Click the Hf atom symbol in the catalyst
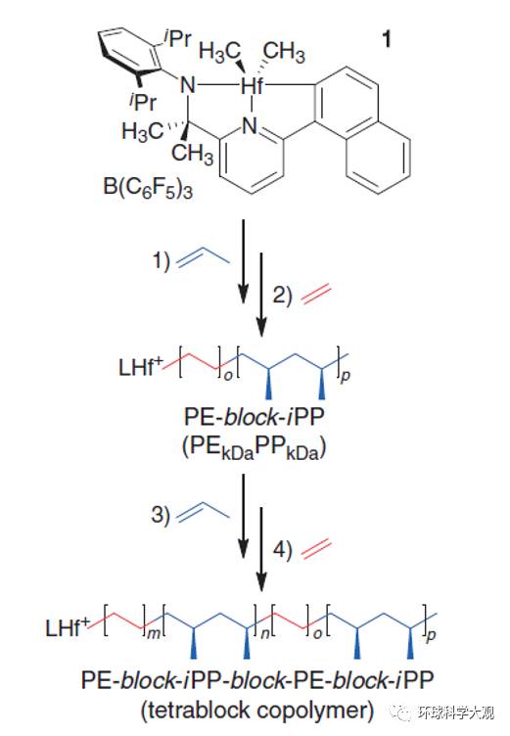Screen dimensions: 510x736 coord(252,86)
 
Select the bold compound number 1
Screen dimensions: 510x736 coord(387,39)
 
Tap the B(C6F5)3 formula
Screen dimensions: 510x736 coord(149,188)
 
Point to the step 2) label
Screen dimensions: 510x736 coord(283,296)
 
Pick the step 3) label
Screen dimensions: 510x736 coord(161,515)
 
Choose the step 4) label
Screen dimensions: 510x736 coord(283,549)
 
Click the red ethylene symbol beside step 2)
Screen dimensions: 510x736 coord(316,296)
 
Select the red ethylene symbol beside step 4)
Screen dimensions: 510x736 coord(316,549)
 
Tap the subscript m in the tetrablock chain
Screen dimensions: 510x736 coord(154,633)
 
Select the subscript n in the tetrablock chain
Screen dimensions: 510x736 coord(265,633)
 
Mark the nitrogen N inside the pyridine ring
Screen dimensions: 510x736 coord(251,126)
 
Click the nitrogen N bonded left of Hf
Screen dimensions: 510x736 coord(188,86)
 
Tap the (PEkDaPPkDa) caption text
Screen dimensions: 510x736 coord(255,447)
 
